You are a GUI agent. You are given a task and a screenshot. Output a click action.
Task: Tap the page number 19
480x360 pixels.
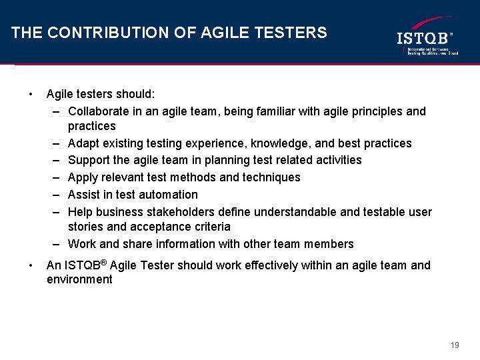(x=455, y=345)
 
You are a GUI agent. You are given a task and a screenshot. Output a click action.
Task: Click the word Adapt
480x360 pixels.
(x=84, y=143)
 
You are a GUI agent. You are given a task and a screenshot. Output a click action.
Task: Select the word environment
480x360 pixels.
(x=80, y=280)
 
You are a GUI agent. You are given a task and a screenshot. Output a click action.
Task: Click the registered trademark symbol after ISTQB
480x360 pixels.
(x=105, y=262)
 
